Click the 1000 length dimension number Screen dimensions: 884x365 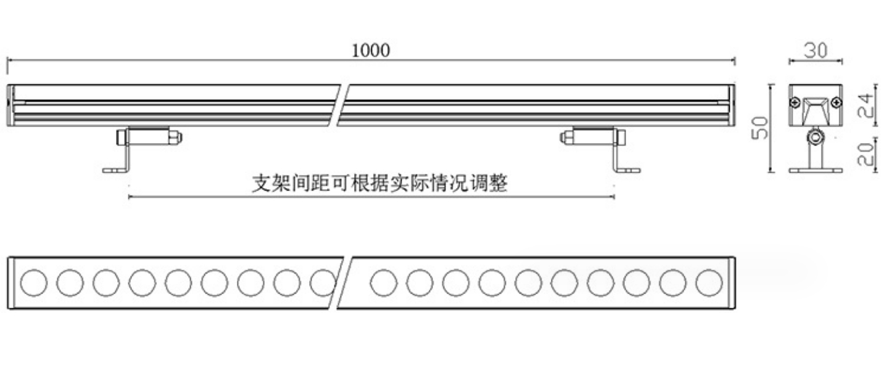(x=371, y=51)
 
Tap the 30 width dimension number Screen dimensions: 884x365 (x=816, y=51)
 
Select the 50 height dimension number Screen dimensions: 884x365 (x=760, y=128)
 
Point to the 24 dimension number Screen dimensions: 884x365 (x=866, y=105)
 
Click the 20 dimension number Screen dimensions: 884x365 (x=866, y=154)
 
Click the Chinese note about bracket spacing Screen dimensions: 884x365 (x=379, y=183)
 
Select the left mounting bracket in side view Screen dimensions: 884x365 (x=142, y=150)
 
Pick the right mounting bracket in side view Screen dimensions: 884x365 (x=600, y=150)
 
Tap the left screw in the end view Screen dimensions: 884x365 (x=795, y=103)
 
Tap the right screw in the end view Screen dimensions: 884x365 (x=836, y=103)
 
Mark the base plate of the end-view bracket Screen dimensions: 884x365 (x=816, y=170)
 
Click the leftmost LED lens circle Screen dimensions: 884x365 (x=33, y=283)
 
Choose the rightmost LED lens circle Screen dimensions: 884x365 (x=709, y=283)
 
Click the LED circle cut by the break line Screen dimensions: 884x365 (x=323, y=283)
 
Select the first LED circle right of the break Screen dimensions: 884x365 (x=384, y=283)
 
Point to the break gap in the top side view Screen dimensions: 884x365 (x=339, y=105)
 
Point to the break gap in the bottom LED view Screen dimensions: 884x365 (x=341, y=283)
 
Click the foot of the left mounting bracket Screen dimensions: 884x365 (x=115, y=170)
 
